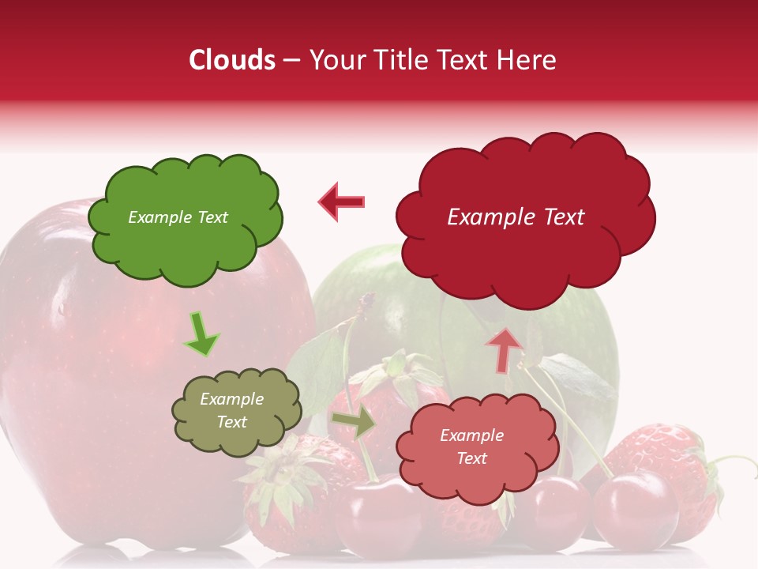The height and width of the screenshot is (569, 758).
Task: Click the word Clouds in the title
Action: pyautogui.click(x=232, y=60)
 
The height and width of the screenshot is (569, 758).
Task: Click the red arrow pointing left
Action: pyautogui.click(x=341, y=202)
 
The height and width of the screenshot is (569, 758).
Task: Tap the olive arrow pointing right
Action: pyautogui.click(x=355, y=423)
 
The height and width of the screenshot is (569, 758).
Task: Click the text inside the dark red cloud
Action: pyautogui.click(x=516, y=217)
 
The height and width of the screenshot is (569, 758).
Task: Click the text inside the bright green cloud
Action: pyautogui.click(x=178, y=217)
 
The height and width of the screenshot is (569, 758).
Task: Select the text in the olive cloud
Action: pyautogui.click(x=231, y=411)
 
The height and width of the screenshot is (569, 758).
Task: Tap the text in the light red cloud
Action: pyautogui.click(x=471, y=447)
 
